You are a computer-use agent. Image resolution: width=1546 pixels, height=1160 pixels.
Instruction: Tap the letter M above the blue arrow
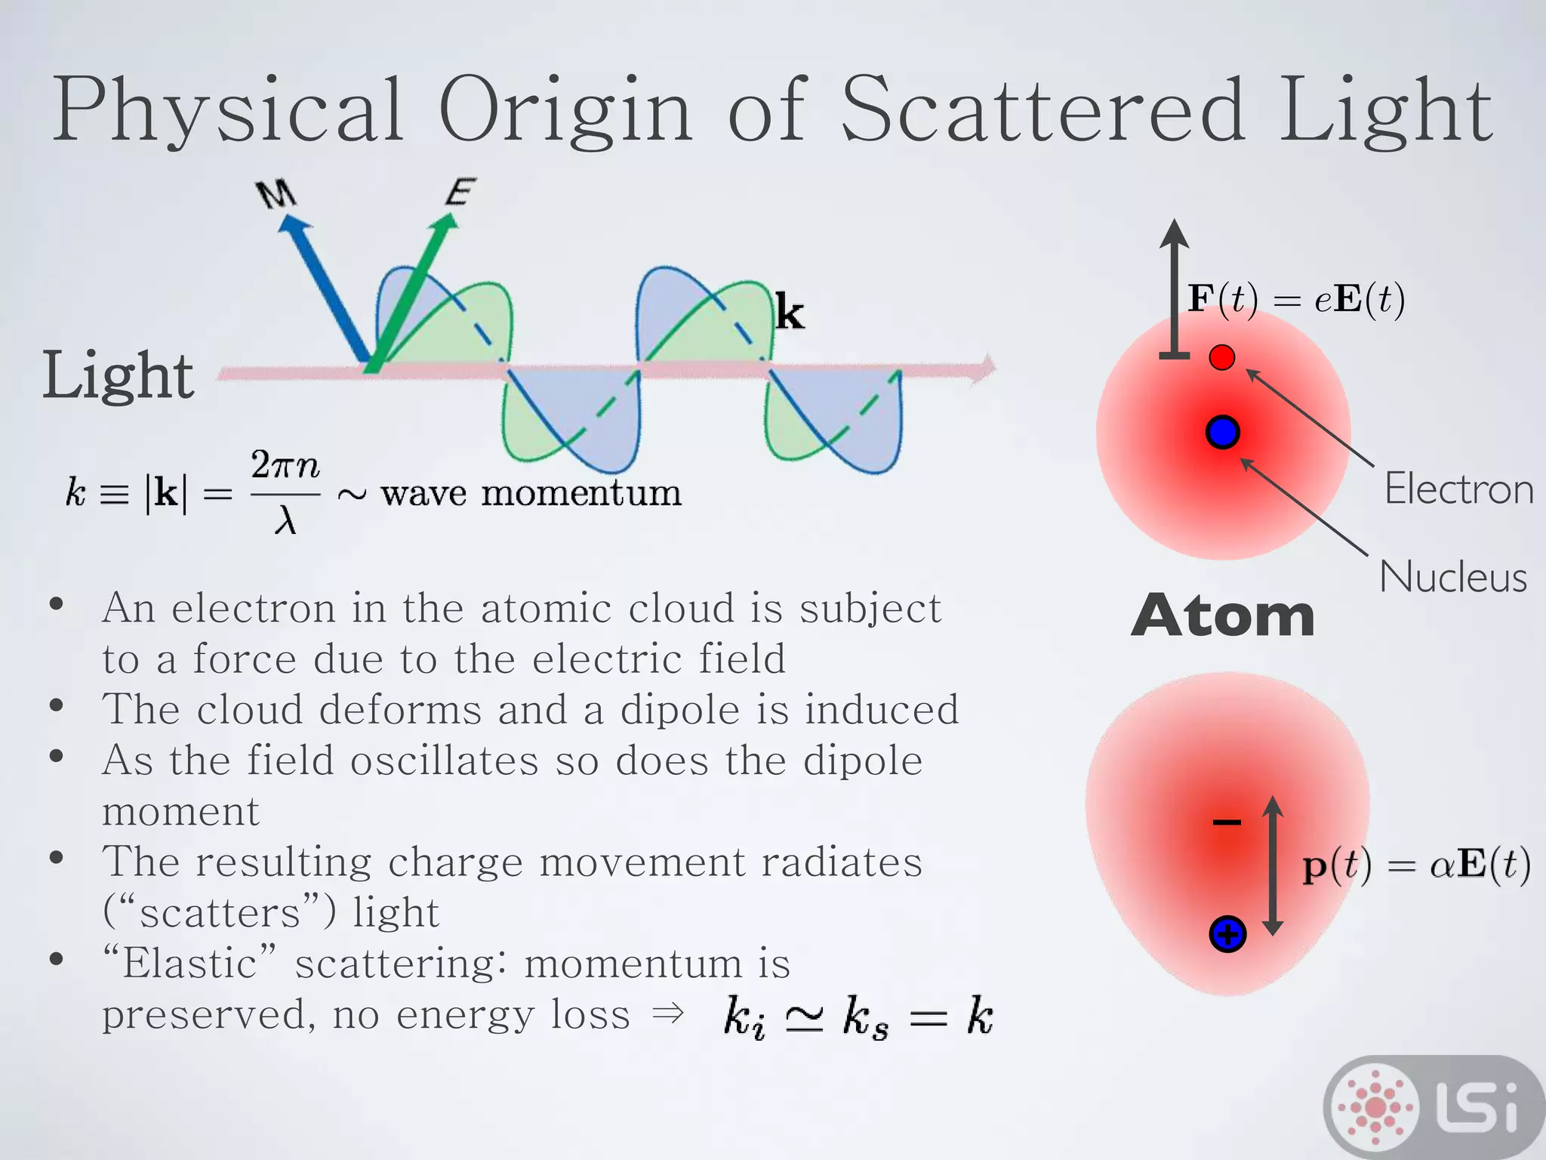tap(276, 194)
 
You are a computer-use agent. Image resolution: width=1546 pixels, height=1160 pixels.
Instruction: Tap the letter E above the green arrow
tap(460, 192)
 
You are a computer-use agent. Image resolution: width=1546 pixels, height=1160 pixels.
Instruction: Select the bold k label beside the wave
tap(790, 313)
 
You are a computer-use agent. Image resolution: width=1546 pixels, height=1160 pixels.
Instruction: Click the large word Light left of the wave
tap(118, 375)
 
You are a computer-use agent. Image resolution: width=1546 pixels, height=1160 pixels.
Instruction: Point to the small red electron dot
tap(1221, 357)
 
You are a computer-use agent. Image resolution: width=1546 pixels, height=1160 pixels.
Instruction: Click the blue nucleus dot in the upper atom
tap(1222, 432)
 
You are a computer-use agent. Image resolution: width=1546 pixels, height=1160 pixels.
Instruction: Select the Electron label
tap(1458, 489)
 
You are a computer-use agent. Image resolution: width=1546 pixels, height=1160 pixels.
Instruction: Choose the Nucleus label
tap(1453, 578)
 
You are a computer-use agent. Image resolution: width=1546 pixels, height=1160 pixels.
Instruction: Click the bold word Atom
tap(1223, 616)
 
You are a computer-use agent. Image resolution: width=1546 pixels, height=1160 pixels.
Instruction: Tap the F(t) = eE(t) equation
tap(1295, 300)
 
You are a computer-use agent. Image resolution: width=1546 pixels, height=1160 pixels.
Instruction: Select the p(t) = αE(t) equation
tap(1416, 865)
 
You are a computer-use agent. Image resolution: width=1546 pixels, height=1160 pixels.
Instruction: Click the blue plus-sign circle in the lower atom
tap(1227, 934)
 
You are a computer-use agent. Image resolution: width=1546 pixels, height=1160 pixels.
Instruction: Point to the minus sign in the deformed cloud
tap(1227, 822)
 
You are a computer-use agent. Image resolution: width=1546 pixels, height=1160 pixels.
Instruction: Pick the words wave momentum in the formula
tap(531, 494)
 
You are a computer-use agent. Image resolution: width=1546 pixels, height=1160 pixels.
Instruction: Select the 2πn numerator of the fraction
tap(285, 465)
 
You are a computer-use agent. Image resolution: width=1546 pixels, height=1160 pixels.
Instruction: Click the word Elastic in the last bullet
tap(190, 964)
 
